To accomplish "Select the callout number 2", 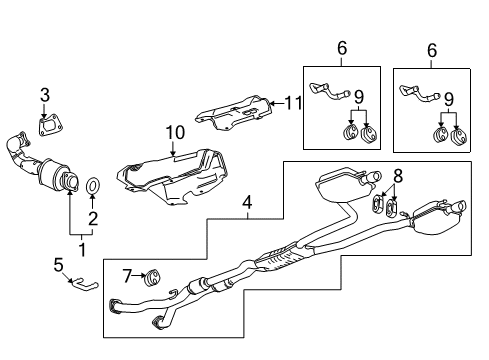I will point(94,218).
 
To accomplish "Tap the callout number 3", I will point(44,95).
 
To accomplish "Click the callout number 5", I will point(58,264).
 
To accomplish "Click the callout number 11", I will point(293,103).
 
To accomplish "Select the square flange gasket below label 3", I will point(46,125).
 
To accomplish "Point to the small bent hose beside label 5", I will point(86,286).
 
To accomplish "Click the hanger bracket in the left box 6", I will point(326,91).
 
